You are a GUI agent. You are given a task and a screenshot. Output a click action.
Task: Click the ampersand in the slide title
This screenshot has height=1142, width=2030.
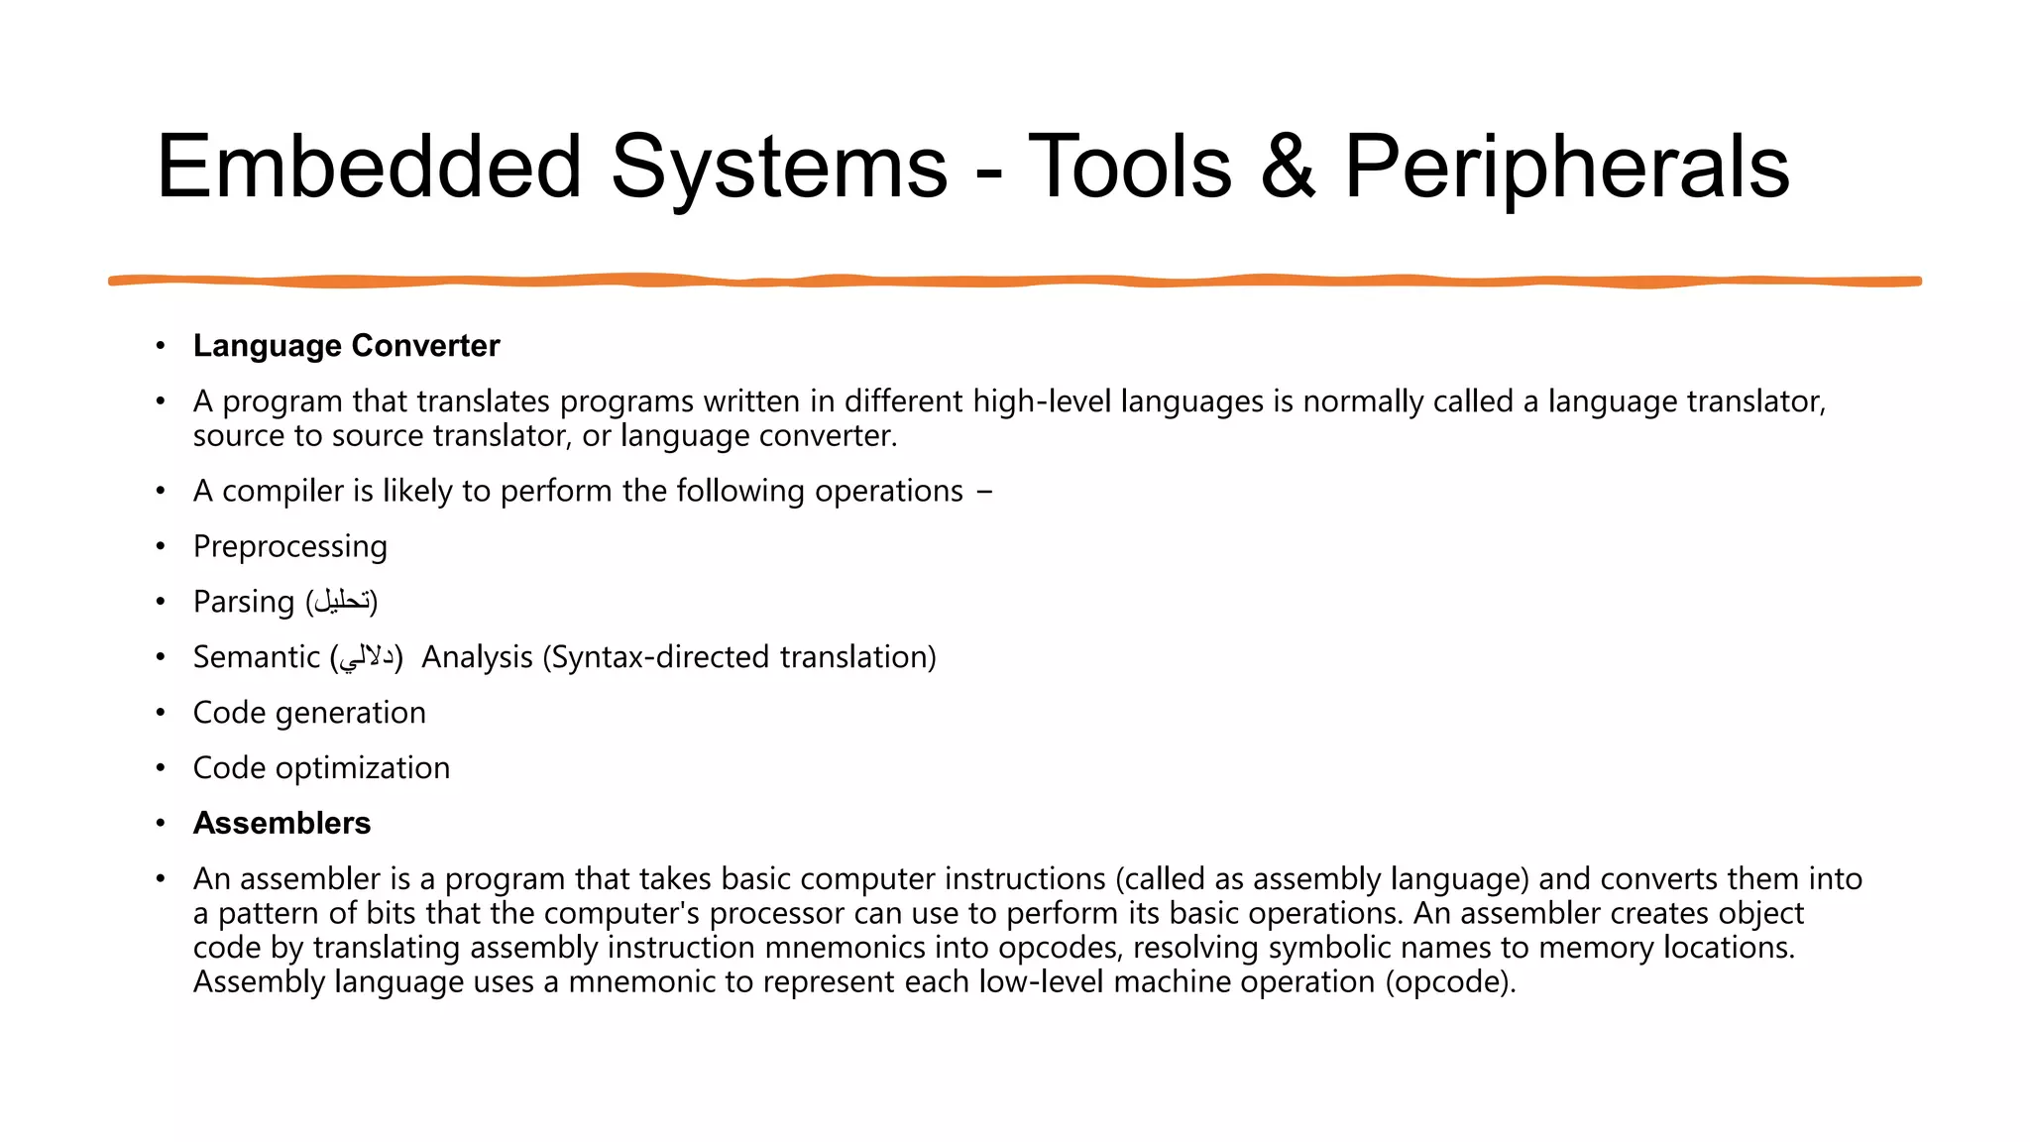[x=1288, y=167]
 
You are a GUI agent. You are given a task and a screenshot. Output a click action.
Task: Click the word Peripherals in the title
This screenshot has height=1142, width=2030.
[x=1566, y=167]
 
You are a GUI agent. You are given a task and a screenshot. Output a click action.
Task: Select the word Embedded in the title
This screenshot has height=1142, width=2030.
[x=369, y=167]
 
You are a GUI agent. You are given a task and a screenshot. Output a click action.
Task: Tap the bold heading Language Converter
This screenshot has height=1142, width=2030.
[x=346, y=346]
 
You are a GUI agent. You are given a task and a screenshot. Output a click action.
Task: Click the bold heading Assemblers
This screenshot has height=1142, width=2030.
[x=282, y=823]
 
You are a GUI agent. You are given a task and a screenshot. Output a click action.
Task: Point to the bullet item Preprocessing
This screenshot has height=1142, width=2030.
[x=289, y=546]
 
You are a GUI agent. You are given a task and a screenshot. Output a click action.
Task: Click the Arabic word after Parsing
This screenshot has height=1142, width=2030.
[x=342, y=602]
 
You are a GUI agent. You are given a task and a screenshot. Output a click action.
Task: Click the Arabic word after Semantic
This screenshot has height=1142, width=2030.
[x=367, y=657]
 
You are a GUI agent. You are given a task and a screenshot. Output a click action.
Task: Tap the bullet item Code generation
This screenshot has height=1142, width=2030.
[x=309, y=713]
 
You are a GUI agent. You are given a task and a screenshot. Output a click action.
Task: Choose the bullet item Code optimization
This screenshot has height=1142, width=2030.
[x=321, y=768]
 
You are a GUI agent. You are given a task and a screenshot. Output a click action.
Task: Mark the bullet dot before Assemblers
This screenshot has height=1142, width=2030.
[x=161, y=824]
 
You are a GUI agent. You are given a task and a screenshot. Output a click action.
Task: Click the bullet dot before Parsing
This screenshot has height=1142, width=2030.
[x=161, y=602]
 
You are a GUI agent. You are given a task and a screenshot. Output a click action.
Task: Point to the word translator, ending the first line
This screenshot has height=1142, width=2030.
[x=1755, y=401]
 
